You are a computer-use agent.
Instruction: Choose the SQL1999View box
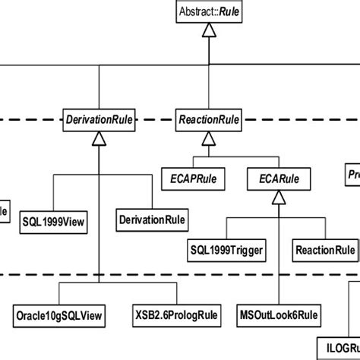tap(53, 222)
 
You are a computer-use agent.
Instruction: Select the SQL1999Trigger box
tap(226, 249)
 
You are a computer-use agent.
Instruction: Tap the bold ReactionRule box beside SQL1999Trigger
tap(324, 249)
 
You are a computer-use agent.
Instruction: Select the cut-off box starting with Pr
tap(353, 172)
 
